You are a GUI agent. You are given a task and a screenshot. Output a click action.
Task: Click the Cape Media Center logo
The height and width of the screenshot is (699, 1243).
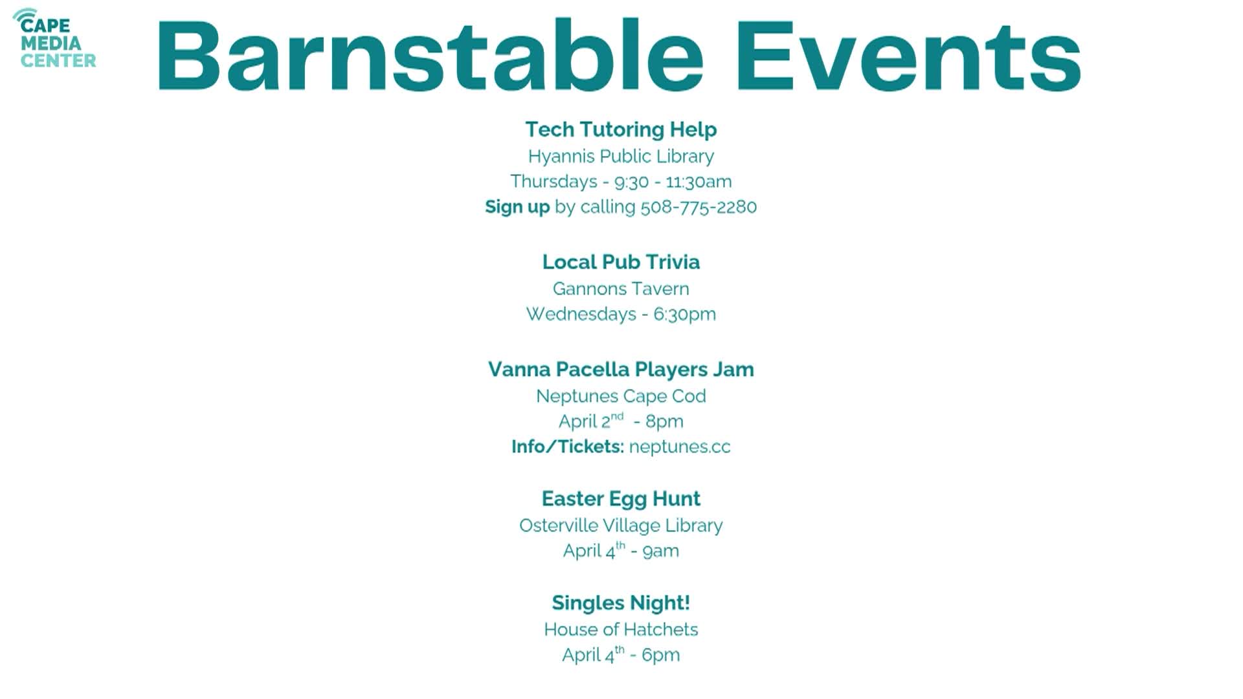(x=55, y=39)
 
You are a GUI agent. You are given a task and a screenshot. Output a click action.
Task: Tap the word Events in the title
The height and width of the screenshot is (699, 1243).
(x=908, y=56)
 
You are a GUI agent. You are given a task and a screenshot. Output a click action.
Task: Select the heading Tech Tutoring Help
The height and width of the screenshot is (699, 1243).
(x=621, y=129)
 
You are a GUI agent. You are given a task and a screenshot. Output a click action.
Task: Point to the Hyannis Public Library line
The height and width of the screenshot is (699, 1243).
(x=621, y=157)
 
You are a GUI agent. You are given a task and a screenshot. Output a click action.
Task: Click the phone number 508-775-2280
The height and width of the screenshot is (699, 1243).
(x=699, y=207)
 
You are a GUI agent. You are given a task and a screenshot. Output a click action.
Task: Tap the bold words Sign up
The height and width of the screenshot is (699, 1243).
(x=517, y=207)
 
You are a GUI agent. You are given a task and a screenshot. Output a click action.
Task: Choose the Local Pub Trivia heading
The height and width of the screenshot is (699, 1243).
(x=621, y=262)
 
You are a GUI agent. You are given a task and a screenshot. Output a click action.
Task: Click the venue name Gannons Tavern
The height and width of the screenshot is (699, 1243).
(x=621, y=289)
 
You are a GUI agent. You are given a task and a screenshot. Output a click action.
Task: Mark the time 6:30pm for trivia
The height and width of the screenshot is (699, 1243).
(x=684, y=315)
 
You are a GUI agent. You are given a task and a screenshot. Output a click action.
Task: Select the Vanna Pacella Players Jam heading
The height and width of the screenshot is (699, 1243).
(x=621, y=370)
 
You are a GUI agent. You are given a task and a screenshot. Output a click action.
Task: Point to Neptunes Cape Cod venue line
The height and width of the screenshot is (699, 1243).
(x=621, y=396)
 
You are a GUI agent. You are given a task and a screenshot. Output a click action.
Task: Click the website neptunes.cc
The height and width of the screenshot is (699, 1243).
(x=680, y=447)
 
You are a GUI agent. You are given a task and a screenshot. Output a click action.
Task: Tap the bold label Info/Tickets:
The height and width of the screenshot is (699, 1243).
(x=568, y=447)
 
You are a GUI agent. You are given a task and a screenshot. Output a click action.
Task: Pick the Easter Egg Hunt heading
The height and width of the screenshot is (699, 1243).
(x=621, y=499)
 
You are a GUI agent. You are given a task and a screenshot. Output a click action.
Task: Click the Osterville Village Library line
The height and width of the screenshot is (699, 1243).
(x=621, y=526)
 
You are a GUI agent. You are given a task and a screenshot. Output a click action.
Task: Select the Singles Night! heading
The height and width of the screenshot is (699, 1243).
(x=621, y=603)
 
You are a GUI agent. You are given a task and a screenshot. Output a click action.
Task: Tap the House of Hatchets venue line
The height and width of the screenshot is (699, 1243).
(x=621, y=630)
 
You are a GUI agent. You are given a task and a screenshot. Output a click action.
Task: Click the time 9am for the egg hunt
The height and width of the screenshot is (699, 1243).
(x=661, y=551)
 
